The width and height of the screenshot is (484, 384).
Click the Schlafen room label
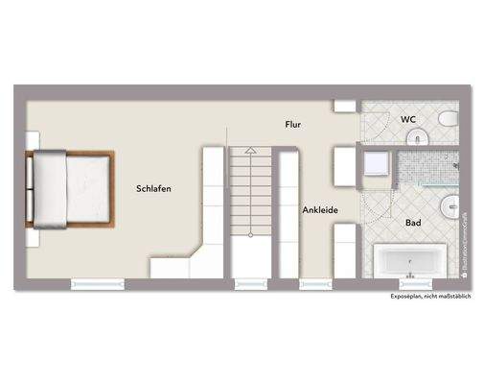pos(153,189)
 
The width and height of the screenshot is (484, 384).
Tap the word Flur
pos(294,126)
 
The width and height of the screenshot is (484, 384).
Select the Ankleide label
pos(317,209)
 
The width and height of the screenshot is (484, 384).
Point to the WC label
pos(407,120)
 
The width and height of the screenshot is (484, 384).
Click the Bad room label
pos(413,222)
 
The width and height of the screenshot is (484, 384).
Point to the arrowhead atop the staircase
pos(250,151)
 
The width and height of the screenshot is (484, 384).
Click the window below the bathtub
pos(413,284)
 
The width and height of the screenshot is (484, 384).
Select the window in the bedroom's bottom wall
pos(99,284)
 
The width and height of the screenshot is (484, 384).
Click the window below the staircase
pos(250,284)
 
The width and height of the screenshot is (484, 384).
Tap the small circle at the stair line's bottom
pos(251,233)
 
